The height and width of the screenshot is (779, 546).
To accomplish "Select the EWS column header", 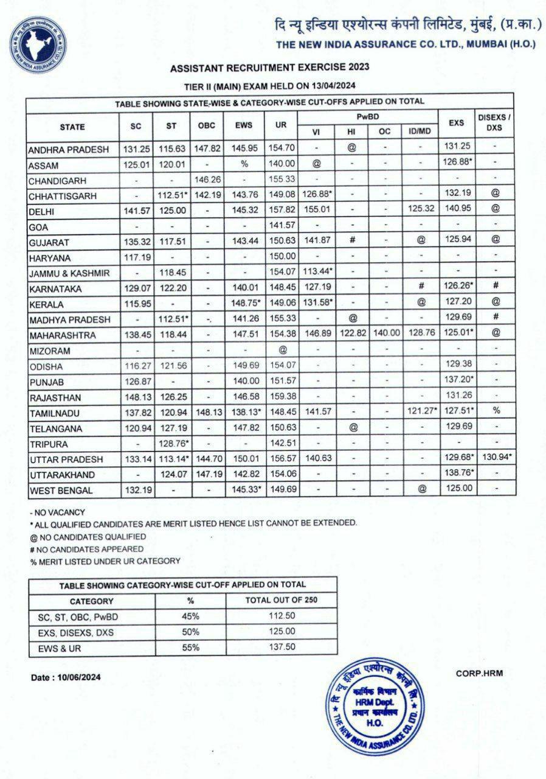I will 244,125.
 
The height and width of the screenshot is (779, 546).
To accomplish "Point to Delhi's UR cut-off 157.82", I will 280,211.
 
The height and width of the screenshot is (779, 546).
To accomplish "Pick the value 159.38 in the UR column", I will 280,397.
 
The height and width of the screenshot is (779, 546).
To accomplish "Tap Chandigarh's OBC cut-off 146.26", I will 207,181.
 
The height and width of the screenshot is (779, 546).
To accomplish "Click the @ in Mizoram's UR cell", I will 282,351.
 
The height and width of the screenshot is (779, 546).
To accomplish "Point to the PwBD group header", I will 368,116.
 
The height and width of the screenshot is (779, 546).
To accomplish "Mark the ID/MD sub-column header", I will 421,131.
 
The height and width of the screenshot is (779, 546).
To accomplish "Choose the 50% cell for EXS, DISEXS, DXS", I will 190,632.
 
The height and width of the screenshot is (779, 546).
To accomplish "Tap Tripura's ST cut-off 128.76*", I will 172,443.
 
